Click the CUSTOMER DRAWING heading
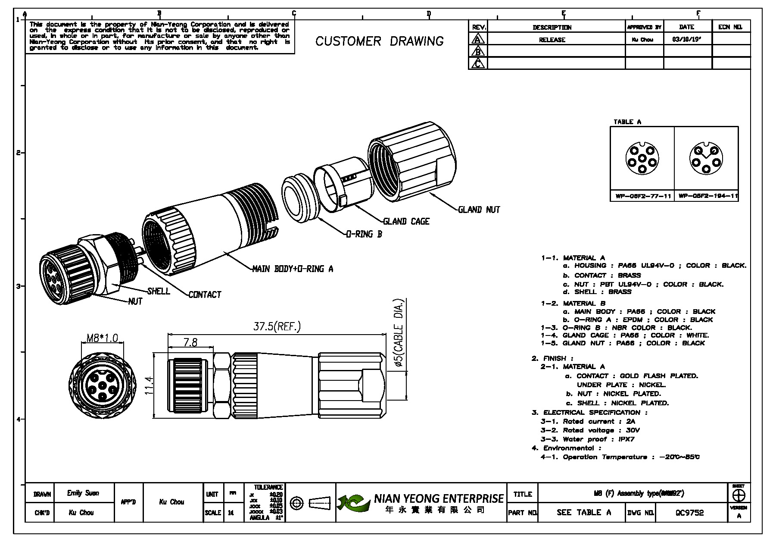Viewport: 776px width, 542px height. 379,41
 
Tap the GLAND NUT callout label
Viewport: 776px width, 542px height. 479,210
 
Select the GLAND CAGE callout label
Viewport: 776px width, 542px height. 406,221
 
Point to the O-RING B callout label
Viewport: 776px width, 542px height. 364,235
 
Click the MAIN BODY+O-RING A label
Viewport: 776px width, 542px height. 293,269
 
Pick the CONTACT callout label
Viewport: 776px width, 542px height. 205,295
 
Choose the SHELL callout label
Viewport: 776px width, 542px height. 158,291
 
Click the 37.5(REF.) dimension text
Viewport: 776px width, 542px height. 277,327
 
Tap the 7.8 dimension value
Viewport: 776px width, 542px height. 190,342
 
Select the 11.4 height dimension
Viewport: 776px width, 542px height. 149,385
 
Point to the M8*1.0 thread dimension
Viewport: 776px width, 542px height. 102,338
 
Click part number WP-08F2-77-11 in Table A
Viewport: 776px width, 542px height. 642,196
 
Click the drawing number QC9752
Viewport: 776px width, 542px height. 689,513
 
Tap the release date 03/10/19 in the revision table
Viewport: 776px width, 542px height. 685,40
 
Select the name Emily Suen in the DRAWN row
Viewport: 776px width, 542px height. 83,493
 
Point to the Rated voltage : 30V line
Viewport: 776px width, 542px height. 590,430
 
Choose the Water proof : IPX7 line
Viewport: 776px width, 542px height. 587,439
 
